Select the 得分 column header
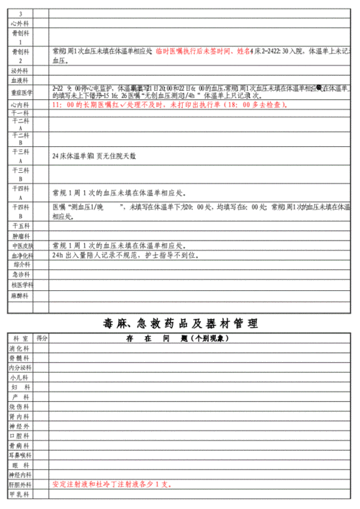click(x=42, y=338)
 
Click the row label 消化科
click(x=20, y=348)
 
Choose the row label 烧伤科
click(x=20, y=407)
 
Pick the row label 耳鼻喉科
click(x=20, y=456)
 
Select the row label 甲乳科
click(x=20, y=495)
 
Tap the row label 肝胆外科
click(x=20, y=485)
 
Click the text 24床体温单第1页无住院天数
click(x=94, y=156)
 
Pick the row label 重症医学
click(x=20, y=92)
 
